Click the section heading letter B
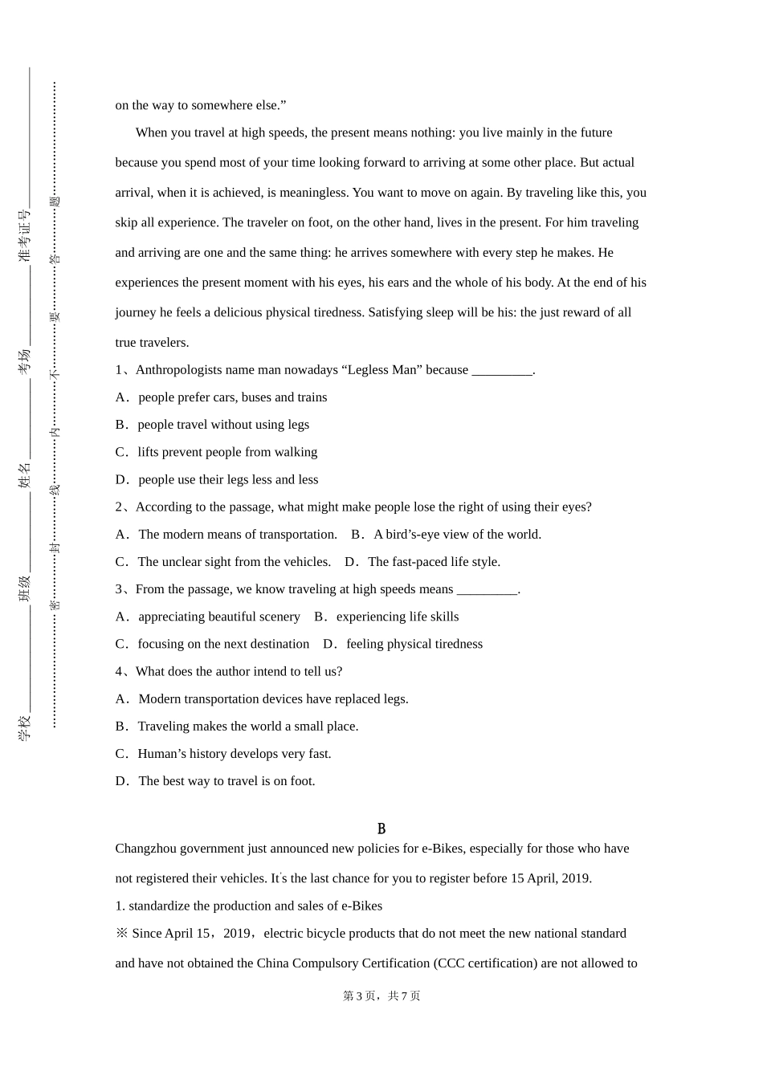click(381, 829)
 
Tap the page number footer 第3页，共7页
click(381, 996)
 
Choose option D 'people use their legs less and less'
click(228, 480)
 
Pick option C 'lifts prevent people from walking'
click(227, 453)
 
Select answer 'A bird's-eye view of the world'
click(457, 535)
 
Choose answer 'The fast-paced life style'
click(434, 562)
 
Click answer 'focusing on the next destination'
click(223, 645)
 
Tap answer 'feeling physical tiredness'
click(414, 645)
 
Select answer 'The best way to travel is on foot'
click(226, 781)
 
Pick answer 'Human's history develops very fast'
click(234, 754)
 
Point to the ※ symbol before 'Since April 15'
click(122, 934)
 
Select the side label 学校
click(25, 727)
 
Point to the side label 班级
click(25, 588)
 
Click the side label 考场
click(25, 360)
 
